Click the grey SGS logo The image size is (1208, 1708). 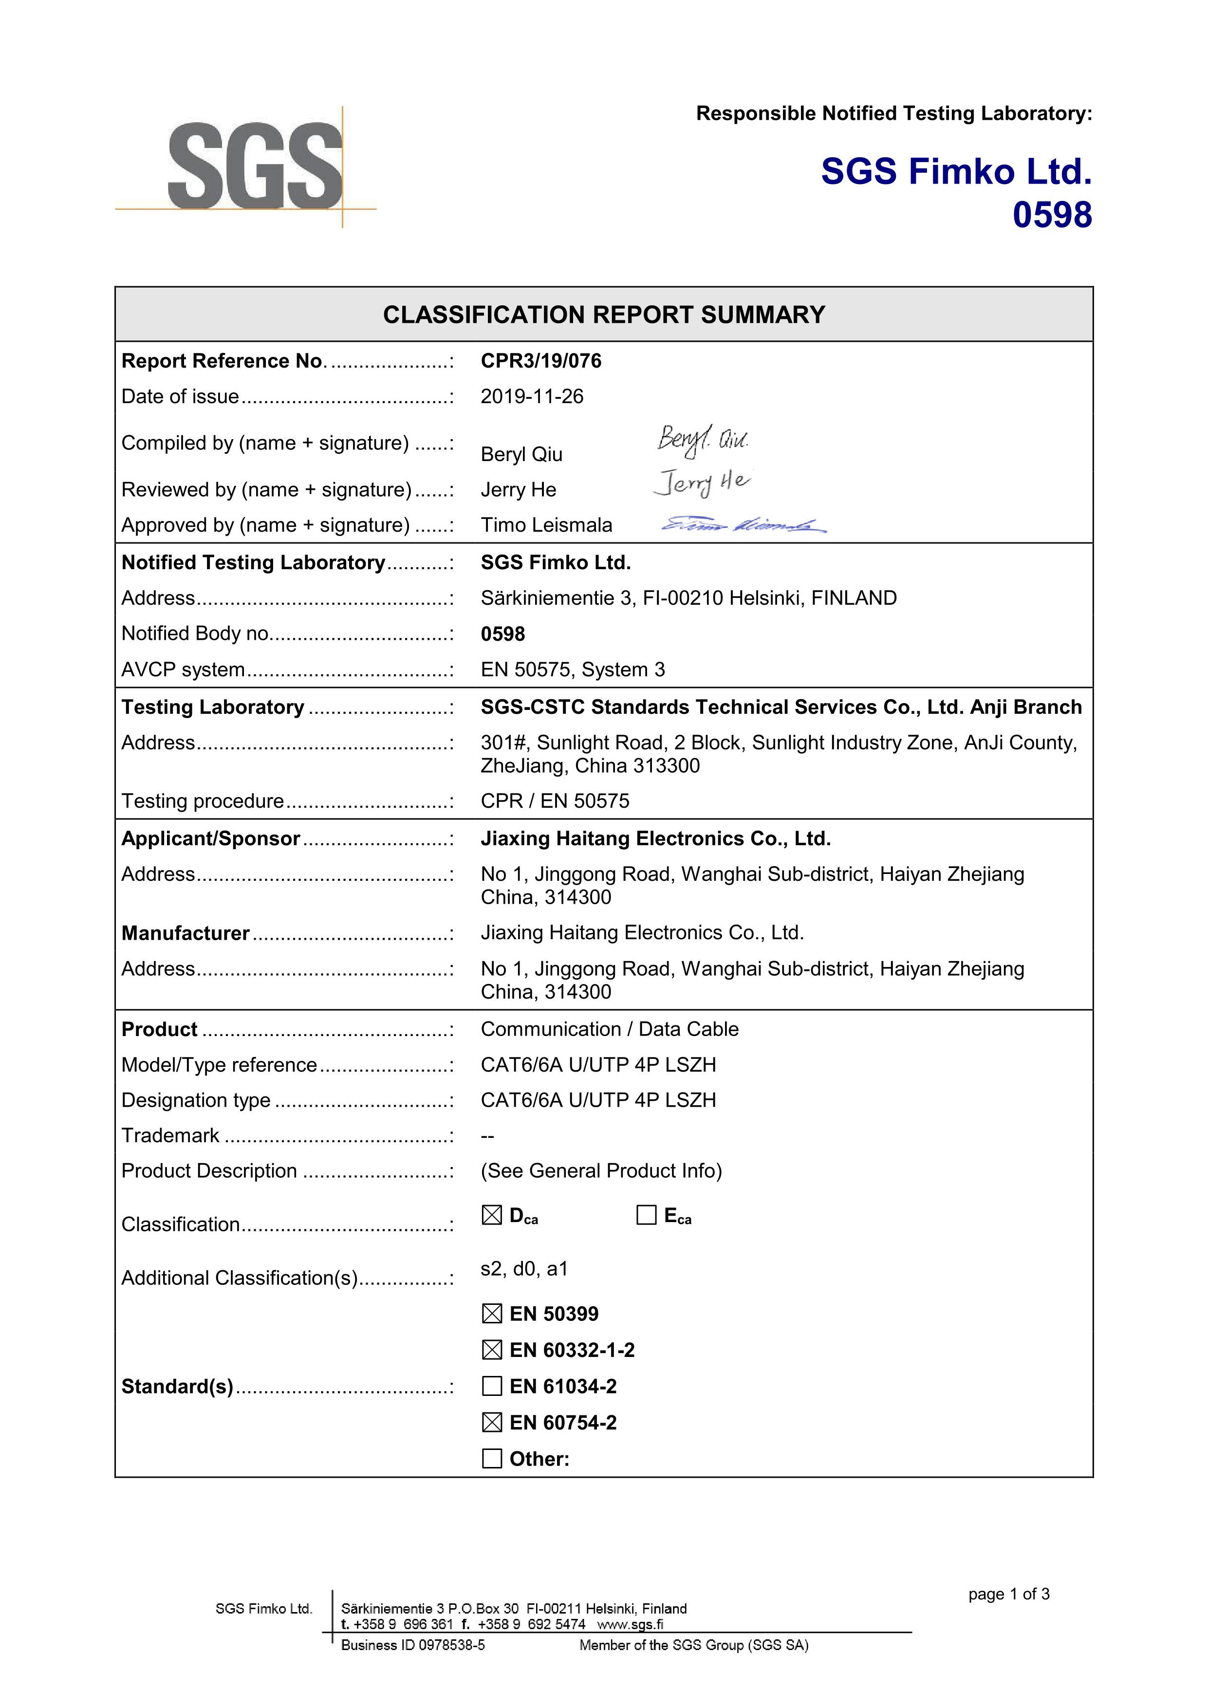tap(254, 166)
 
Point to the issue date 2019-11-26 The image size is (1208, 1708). tap(532, 396)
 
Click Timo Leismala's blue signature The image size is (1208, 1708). tap(743, 525)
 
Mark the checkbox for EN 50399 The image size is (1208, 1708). tap(492, 1314)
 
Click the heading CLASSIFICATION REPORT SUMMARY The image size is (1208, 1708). tap(604, 315)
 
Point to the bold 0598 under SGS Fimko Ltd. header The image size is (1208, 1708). tap(1052, 215)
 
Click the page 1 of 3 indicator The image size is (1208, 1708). tap(1009, 1594)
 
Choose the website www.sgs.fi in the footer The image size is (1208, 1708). tap(630, 1625)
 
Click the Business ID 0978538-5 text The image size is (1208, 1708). tap(413, 1646)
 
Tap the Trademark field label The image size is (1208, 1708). tap(170, 1135)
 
